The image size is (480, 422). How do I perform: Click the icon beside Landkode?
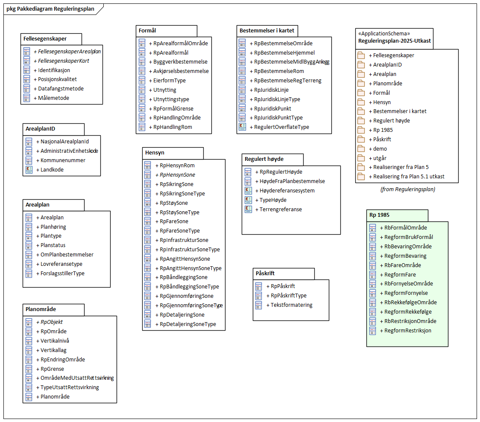pos(29,170)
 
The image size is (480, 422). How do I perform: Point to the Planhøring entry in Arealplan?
pos(53,227)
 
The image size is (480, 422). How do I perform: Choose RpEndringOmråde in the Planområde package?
pos(62,360)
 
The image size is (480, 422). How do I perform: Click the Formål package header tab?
pos(147,31)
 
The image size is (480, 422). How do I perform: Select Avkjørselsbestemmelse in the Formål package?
pos(181,71)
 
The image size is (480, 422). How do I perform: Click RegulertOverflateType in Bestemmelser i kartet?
pos(282,127)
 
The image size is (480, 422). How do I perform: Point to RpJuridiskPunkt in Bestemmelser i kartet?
pos(273,108)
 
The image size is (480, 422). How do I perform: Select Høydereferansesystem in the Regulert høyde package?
pos(287,191)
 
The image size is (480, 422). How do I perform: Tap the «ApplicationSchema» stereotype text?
pos(384,33)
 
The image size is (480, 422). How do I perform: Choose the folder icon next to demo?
pos(361,149)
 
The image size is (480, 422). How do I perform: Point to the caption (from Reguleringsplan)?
pos(407,189)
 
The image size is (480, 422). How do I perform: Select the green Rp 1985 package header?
pos(379,215)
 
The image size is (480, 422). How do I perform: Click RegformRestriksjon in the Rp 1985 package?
pos(408,331)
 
